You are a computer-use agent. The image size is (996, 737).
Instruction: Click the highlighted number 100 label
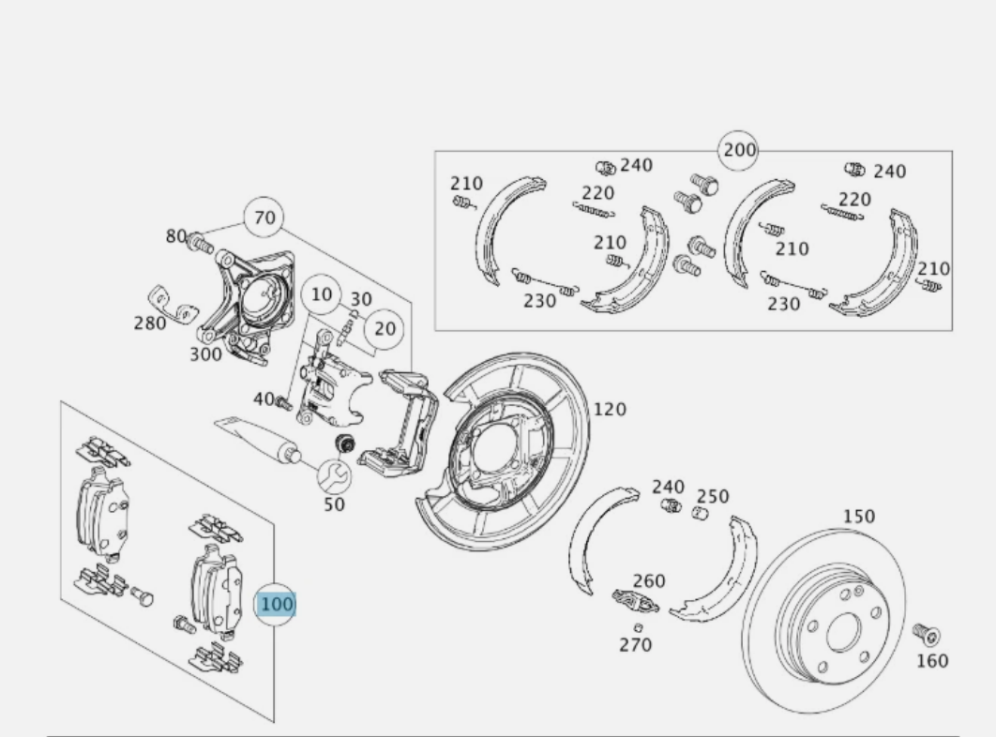(x=277, y=605)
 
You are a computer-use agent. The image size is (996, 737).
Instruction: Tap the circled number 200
(x=738, y=150)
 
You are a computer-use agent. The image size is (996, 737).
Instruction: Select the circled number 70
(x=265, y=218)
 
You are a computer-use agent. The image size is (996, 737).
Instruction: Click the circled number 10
(x=322, y=294)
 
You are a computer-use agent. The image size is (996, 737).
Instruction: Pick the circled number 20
(x=385, y=329)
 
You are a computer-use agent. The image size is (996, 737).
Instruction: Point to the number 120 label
(x=610, y=410)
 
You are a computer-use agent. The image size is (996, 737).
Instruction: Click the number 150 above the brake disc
(x=858, y=517)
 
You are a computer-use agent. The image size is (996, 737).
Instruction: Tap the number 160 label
(x=931, y=661)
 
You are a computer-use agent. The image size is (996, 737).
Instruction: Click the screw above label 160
(x=928, y=636)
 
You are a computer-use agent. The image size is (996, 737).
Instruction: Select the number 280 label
(x=149, y=323)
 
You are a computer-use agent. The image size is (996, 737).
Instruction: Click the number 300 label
(x=205, y=354)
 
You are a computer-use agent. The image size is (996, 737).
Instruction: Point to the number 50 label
(x=334, y=504)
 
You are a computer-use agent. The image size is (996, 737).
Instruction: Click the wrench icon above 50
(x=334, y=476)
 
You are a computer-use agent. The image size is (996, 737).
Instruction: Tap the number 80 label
(x=176, y=236)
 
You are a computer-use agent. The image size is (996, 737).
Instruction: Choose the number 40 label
(x=264, y=399)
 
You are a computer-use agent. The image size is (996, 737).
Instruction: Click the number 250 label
(x=713, y=496)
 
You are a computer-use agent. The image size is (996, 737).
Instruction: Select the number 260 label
(x=648, y=581)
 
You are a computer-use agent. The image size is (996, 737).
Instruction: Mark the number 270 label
(x=635, y=645)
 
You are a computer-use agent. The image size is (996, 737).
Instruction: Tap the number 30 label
(x=361, y=300)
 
